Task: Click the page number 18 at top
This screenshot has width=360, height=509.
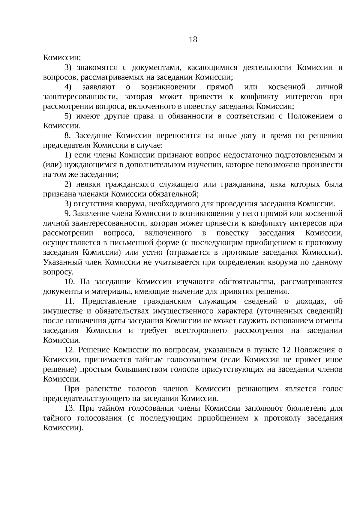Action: point(193,40)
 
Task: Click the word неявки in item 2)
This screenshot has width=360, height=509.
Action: point(88,184)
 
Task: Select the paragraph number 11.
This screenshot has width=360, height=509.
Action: point(69,301)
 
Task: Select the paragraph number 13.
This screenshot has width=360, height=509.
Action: point(69,409)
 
